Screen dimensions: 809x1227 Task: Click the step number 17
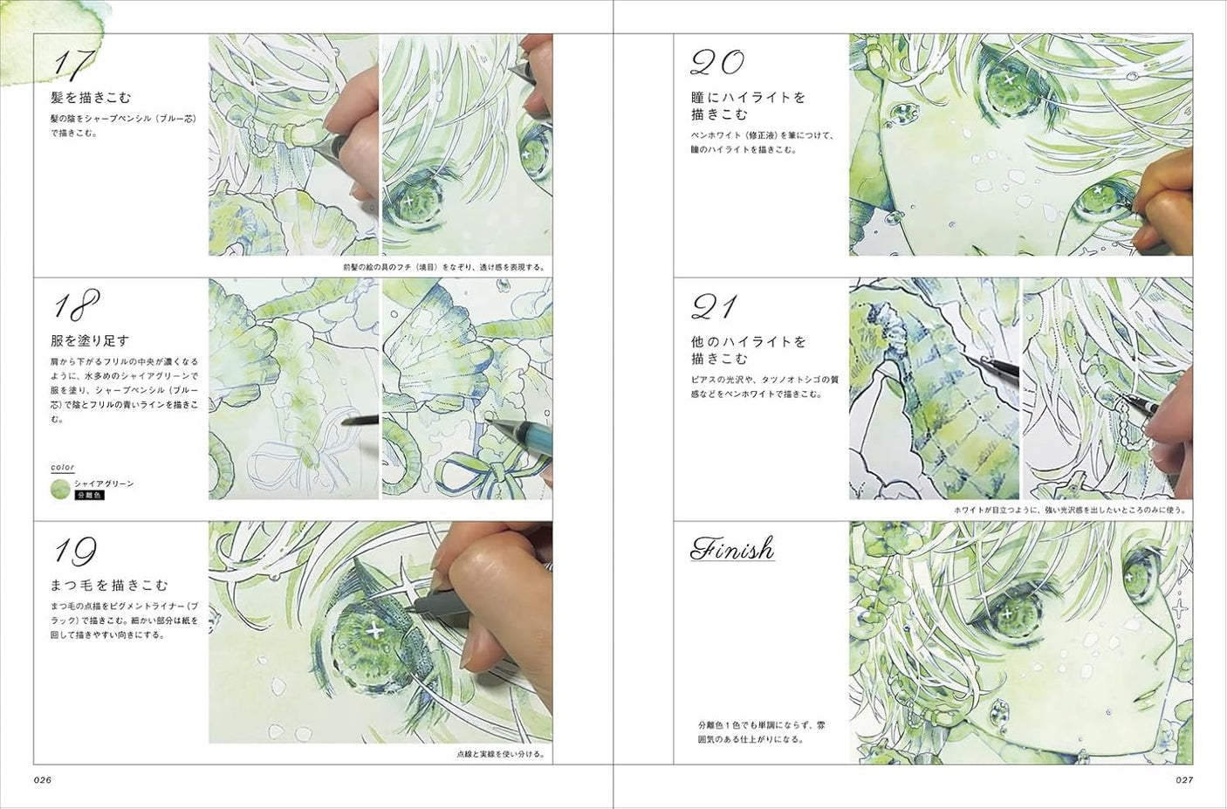74,63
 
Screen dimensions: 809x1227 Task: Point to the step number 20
717,62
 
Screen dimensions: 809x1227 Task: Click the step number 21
714,306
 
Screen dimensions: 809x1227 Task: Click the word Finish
732,549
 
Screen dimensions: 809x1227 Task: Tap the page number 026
44,779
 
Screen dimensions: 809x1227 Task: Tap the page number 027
1183,779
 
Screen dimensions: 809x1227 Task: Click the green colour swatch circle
60,489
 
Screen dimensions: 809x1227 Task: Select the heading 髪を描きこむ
91,97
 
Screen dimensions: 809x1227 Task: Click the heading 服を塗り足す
91,340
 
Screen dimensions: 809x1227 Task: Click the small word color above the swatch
62,468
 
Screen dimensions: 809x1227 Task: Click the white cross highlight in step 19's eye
375,629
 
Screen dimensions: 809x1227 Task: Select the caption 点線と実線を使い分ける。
502,754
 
